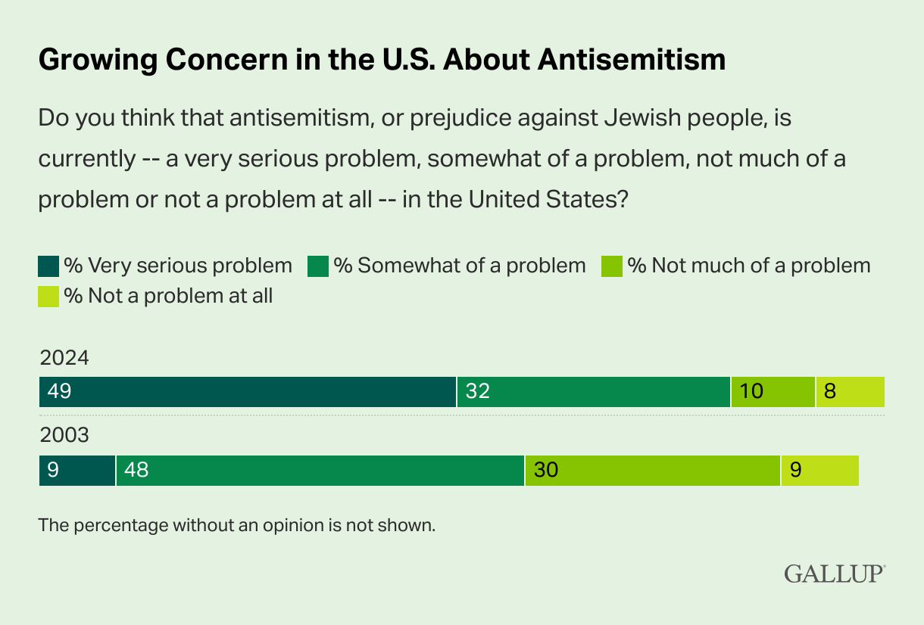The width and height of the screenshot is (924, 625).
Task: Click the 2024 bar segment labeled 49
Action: [247, 392]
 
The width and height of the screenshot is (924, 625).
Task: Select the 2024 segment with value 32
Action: [593, 392]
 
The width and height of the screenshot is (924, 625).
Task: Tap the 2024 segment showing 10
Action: [773, 392]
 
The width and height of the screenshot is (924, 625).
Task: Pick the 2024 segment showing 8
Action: [850, 392]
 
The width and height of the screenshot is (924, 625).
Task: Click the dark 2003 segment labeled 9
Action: [76, 471]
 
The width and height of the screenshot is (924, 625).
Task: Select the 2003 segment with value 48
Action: [320, 471]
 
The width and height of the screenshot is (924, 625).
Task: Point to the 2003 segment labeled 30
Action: [652, 471]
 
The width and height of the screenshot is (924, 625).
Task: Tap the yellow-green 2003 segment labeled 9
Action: [819, 471]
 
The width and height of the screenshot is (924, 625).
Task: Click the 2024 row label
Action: [64, 357]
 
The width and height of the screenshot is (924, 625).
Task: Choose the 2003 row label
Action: [64, 436]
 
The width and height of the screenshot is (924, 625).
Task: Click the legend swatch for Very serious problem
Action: [48, 266]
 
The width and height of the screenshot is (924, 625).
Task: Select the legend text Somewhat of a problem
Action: [460, 266]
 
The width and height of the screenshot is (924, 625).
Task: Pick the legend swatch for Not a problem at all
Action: [48, 297]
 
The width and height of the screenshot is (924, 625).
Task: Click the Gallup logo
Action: [834, 573]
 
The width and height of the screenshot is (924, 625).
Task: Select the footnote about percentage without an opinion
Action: [237, 524]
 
